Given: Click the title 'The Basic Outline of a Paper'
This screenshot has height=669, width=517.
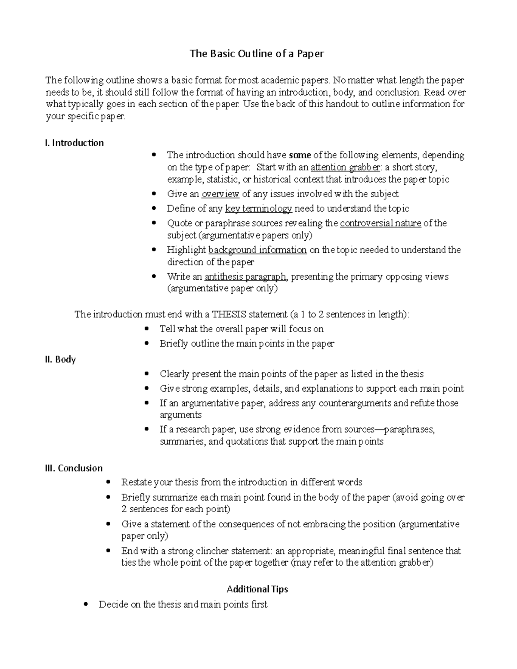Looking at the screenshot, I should coord(257,54).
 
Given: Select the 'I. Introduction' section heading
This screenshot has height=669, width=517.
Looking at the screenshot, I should coord(74,143).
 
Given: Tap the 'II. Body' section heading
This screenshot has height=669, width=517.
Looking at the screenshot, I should coord(60,359).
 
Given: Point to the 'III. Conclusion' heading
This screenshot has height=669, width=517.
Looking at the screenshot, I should coord(74,468).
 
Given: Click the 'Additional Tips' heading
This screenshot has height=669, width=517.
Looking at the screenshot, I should coord(257,589).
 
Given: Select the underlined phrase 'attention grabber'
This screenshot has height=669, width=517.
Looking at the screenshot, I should coord(346,168).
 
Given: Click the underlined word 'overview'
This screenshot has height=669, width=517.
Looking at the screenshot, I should coord(220,194).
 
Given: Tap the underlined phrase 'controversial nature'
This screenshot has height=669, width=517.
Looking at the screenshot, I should coord(380,224).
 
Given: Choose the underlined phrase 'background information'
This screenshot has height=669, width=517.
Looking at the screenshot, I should coord(257,250).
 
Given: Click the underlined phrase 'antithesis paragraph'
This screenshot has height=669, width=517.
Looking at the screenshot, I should coord(245,277).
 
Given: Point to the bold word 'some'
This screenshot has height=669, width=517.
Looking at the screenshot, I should coord(299,155).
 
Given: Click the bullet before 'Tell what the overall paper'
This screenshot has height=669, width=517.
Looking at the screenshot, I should coord(147,329).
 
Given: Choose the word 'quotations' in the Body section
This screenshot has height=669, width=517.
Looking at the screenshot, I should coord(247,442).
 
